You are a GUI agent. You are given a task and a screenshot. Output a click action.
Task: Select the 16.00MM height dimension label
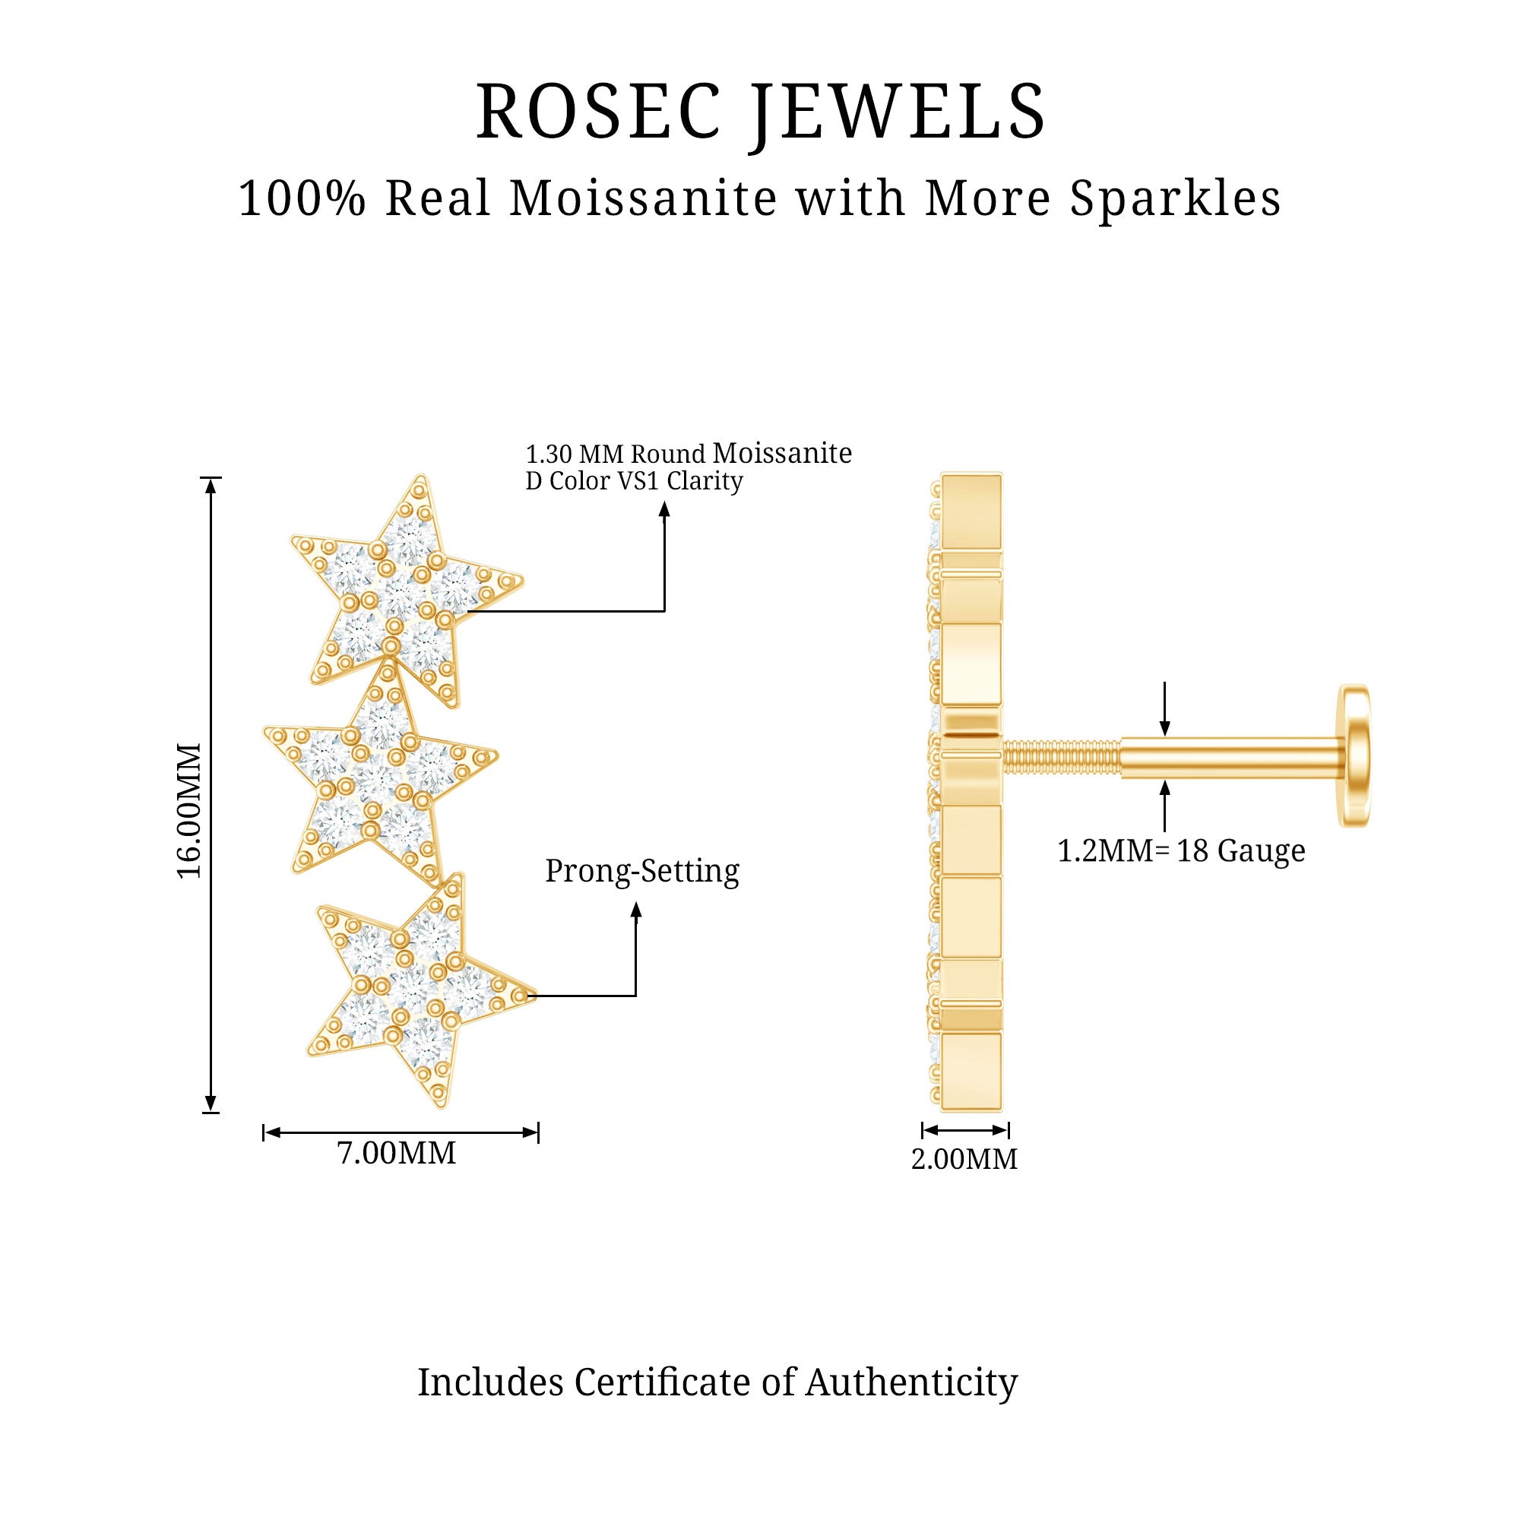click(189, 809)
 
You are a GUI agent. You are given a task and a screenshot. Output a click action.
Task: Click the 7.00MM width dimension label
click(397, 1154)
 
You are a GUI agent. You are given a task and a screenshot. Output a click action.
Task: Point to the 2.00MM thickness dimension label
click(964, 1159)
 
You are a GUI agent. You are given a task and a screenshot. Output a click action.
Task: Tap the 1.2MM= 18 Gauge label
click(1181, 850)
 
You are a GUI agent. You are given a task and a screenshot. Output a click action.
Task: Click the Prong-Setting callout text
click(642, 872)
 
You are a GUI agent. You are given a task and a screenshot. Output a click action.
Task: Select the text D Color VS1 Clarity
click(634, 481)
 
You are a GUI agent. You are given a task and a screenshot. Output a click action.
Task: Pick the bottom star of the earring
click(420, 989)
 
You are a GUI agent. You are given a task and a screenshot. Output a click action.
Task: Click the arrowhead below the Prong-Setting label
click(636, 910)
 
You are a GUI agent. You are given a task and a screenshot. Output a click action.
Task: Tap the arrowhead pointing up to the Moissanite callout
click(664, 510)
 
